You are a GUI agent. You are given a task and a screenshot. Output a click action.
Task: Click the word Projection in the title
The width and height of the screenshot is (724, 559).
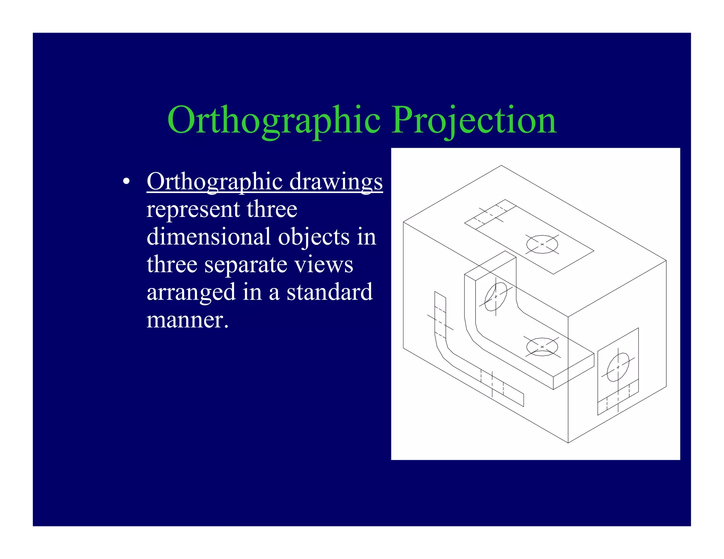[474, 121]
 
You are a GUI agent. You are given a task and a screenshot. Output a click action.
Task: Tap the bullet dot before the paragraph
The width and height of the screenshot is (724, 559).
[126, 182]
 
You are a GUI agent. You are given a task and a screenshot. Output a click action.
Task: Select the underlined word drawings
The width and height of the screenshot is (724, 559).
[336, 182]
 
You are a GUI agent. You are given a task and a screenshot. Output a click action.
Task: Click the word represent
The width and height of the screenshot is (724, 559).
[193, 209]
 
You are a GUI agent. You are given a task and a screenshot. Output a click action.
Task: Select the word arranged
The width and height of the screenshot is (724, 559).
[191, 293]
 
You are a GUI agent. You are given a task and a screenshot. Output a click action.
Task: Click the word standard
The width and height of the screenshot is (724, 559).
[329, 293]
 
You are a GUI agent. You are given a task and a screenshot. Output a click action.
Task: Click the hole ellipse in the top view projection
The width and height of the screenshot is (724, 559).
[542, 244]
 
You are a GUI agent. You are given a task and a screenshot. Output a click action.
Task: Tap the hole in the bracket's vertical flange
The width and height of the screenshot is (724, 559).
[495, 296]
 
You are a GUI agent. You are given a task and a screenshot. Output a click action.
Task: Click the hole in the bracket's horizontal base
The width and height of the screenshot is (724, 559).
[542, 347]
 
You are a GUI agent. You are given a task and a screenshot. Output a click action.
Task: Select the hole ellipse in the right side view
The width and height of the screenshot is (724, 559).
[618, 367]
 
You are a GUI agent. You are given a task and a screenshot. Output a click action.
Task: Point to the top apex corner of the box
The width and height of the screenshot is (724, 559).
[501, 165]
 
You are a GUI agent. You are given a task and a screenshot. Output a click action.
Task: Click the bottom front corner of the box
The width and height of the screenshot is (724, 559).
[568, 442]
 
